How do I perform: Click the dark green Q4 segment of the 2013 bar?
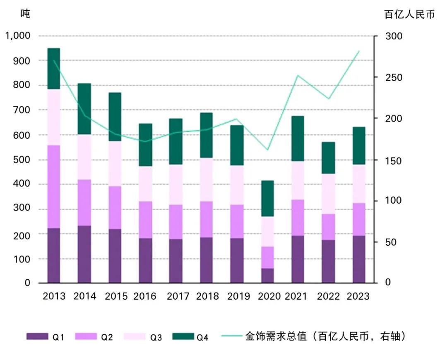pos(54,69)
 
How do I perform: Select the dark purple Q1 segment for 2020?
pos(268,276)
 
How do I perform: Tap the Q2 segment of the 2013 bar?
pos(54,187)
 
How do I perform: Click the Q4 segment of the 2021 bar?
pos(297,139)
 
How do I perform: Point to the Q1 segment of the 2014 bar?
pos(84,254)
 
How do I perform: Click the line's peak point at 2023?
pos(359,51)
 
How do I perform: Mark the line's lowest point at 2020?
pos(268,150)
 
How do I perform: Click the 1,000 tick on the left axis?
pos(18,36)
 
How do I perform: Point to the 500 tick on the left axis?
pos(22,159)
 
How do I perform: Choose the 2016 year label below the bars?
pos(145,296)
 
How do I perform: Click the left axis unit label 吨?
pos(25,14)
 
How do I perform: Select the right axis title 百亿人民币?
pos(409,14)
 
